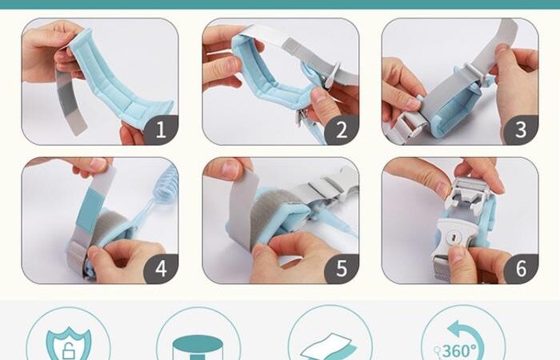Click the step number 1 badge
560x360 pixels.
pos(161,130)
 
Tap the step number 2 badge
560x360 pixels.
pos(342,130)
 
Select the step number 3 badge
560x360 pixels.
pos(521,130)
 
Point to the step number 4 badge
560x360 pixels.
pos(161,269)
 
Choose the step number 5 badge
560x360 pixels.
pos(342,269)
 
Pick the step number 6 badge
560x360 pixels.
pos(521,269)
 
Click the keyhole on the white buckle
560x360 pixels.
pos(453,237)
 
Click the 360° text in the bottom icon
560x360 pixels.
pos(459,350)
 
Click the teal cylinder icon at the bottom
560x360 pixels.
pos(198,347)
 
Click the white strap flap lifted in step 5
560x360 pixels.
pos(244,207)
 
